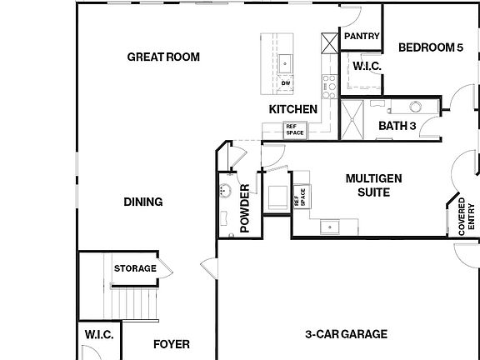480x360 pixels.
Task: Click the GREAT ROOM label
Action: pyautogui.click(x=163, y=57)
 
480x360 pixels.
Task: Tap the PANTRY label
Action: pyautogui.click(x=362, y=37)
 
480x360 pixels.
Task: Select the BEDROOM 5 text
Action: pyautogui.click(x=430, y=47)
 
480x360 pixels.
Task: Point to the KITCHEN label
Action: pyautogui.click(x=292, y=109)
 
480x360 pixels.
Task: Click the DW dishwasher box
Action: pyautogui.click(x=285, y=83)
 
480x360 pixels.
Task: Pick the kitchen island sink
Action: pyautogui.click(x=285, y=62)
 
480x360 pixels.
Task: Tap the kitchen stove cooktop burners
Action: pyautogui.click(x=329, y=82)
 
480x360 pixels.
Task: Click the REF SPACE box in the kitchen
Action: pyautogui.click(x=295, y=130)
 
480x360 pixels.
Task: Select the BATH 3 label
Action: pyautogui.click(x=397, y=126)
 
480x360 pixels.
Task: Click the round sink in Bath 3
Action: pyautogui.click(x=413, y=106)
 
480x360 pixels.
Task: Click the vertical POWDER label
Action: pyautogui.click(x=245, y=212)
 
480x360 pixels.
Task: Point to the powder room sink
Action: pyautogui.click(x=223, y=191)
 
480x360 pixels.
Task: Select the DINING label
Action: pyautogui.click(x=142, y=202)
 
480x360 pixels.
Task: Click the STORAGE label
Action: pyautogui.click(x=135, y=268)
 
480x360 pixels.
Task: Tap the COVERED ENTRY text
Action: pyautogui.click(x=467, y=217)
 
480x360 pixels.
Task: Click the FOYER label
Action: pyautogui.click(x=172, y=343)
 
